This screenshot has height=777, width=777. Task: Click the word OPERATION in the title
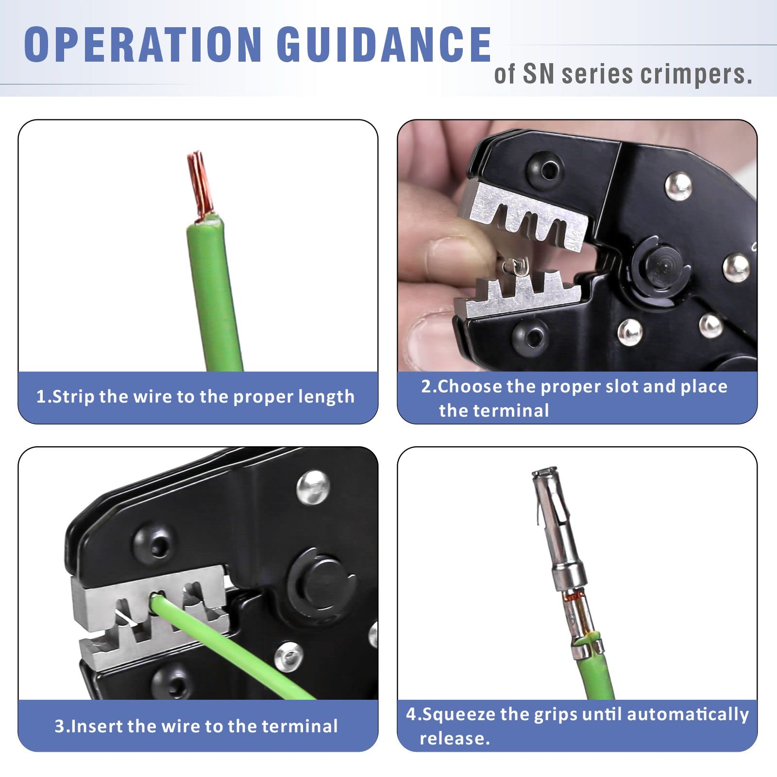tap(143, 44)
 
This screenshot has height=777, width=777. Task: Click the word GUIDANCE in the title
tap(384, 44)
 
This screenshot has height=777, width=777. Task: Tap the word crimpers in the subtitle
tap(696, 74)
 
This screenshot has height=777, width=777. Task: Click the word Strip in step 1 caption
tap(73, 397)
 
